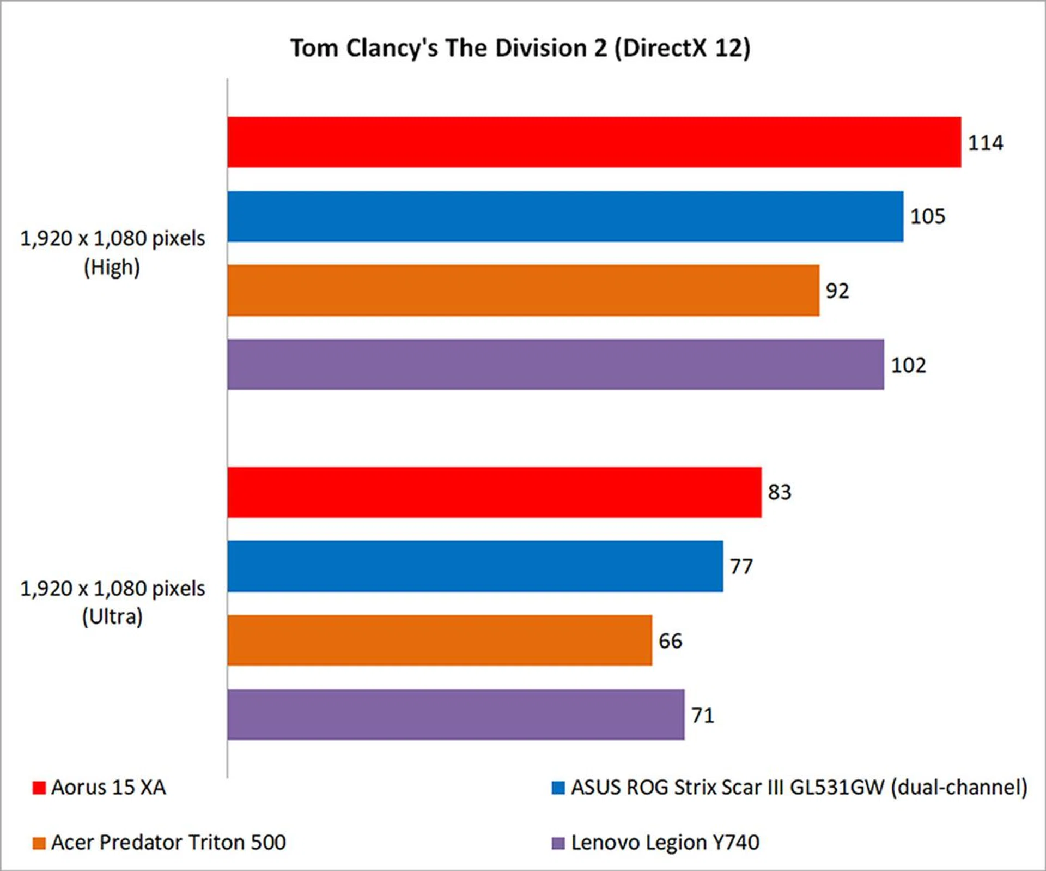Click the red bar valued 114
[594, 142]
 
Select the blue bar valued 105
[565, 216]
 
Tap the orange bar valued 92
[523, 291]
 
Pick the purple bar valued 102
[556, 364]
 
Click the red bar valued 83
[494, 492]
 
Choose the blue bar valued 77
[475, 566]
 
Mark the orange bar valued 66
[440, 640]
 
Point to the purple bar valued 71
[455, 715]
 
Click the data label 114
[985, 143]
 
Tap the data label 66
[670, 641]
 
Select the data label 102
[908, 365]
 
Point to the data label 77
[741, 567]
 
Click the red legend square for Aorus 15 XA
[39, 788]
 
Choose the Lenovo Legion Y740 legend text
[665, 843]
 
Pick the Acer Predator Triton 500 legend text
[168, 843]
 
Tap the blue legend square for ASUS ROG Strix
[558, 788]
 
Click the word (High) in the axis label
[112, 268]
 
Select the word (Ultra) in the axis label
[112, 617]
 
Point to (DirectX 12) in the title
[682, 48]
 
